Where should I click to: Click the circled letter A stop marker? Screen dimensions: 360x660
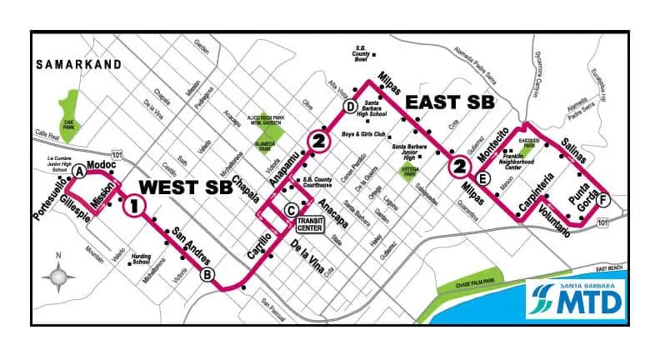click(x=79, y=172)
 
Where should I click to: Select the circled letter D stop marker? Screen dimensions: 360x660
click(x=351, y=106)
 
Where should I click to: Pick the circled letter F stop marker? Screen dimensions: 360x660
click(x=603, y=199)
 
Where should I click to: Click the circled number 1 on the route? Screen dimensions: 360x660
click(x=135, y=206)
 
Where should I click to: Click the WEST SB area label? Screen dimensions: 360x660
click(x=185, y=186)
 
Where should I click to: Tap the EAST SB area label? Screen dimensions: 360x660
click(x=449, y=102)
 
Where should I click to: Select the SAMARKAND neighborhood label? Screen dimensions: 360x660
click(x=79, y=64)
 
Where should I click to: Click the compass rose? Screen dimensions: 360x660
click(x=58, y=276)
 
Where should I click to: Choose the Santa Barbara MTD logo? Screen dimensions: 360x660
click(x=576, y=298)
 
